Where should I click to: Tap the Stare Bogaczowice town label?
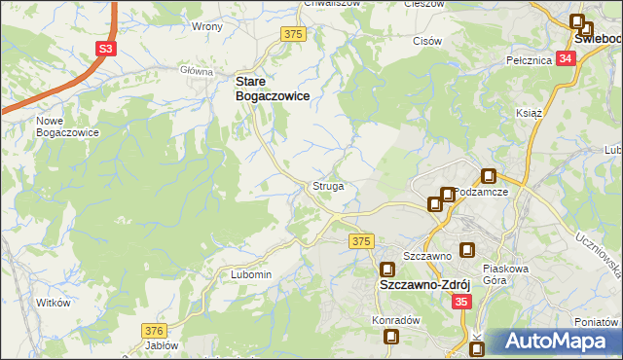tap(275, 90)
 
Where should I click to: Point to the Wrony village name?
tap(207, 27)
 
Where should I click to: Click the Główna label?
tap(196, 71)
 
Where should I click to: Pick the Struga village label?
tap(327, 185)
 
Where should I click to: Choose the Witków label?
tap(55, 303)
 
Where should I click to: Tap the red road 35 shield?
tap(462, 303)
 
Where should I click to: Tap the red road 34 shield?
tap(567, 58)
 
